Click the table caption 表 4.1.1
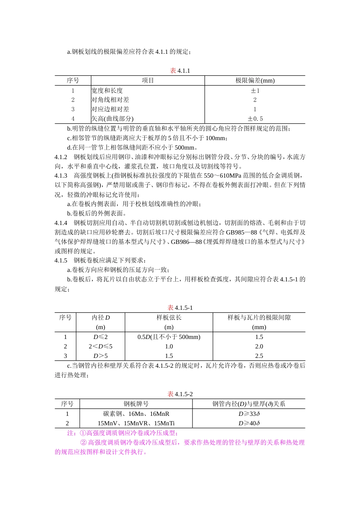pyautogui.click(x=180, y=71)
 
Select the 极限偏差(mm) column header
pyautogui.click(x=255, y=81)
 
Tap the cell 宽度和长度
pyautogui.click(x=107, y=91)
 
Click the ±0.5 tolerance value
pyautogui.click(x=255, y=119)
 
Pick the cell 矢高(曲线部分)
pyautogui.click(x=113, y=119)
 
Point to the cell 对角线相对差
pyautogui.click(x=110, y=100)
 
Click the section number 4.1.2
pyautogui.click(x=61, y=157)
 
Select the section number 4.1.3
pyautogui.click(x=61, y=176)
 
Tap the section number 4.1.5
pyautogui.click(x=61, y=261)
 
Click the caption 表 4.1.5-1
pyautogui.click(x=180, y=308)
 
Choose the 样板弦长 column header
pyautogui.click(x=169, y=318)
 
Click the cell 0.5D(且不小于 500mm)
pyautogui.click(x=169, y=337)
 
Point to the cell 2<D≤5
pyautogui.click(x=100, y=347)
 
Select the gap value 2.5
pyautogui.click(x=259, y=356)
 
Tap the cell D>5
pyautogui.click(x=100, y=356)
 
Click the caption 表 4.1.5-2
pyautogui.click(x=180, y=394)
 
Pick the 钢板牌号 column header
pyautogui.click(x=136, y=404)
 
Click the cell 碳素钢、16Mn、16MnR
pyautogui.click(x=136, y=414)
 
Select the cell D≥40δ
pyautogui.click(x=249, y=423)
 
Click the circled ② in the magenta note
pyautogui.click(x=83, y=443)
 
